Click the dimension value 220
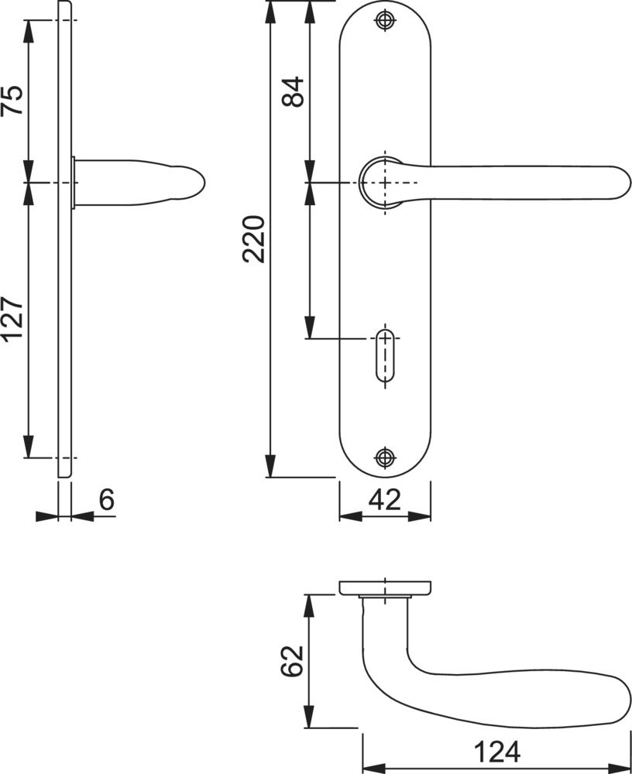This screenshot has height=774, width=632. point(255,239)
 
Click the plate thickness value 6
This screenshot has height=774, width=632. point(106,500)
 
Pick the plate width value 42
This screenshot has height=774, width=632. point(384,500)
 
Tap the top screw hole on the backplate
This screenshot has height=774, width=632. point(384,21)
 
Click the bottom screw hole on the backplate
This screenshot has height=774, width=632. point(384,457)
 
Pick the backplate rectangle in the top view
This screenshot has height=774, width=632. point(384,587)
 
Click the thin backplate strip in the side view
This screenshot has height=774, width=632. point(64,310)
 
